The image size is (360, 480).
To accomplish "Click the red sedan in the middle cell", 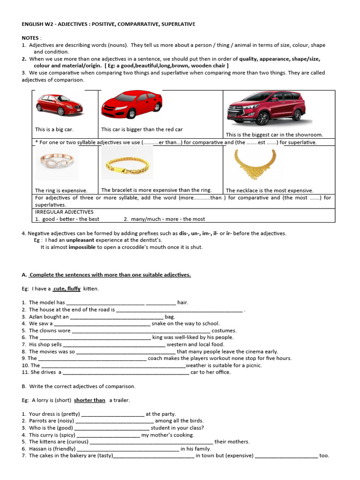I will tap(132, 104).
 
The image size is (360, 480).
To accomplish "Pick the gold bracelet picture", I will tap(127, 164).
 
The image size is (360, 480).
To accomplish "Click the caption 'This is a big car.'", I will tap(54, 129).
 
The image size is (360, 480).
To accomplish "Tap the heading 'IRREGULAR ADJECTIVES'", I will tap(64, 212).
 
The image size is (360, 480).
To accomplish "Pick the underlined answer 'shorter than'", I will tap(90, 400).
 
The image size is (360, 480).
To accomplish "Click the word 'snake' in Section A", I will tap(159, 323).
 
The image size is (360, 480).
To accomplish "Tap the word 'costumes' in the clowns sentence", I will tap(224, 330).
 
